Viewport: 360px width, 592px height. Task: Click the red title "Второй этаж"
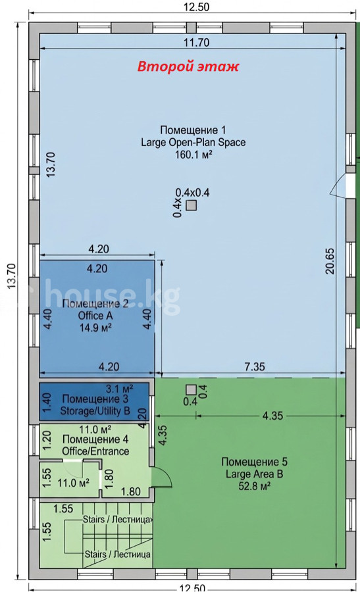coord(188,67)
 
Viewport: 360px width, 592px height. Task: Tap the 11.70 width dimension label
coord(196,42)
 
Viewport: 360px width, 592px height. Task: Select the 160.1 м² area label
coord(193,155)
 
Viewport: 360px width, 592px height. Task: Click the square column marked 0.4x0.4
coord(192,205)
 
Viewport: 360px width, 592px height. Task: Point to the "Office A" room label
coord(95,316)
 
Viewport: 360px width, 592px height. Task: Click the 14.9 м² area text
coord(95,328)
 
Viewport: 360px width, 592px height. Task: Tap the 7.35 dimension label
coord(255,366)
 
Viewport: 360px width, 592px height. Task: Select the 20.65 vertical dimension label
coord(330,260)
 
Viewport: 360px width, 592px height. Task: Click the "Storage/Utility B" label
coord(95,410)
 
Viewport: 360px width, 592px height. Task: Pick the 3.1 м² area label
coord(119,388)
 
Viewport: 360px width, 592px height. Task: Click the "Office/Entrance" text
coord(95,451)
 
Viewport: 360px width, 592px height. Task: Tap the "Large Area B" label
coord(254,474)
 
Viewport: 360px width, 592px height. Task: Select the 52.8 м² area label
coord(254,486)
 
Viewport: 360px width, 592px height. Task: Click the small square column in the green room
coord(191,389)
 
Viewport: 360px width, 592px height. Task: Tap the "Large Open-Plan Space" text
coord(193,142)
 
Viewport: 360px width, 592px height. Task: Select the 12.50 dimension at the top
coord(196,6)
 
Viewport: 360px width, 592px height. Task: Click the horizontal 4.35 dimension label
coord(272,415)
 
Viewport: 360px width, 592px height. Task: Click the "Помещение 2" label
coord(95,303)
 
